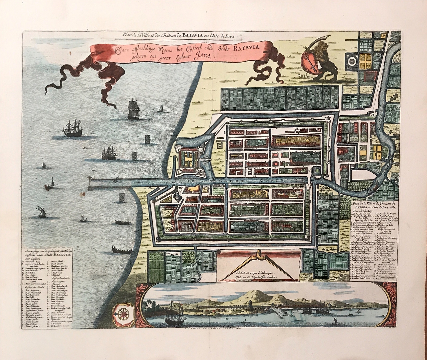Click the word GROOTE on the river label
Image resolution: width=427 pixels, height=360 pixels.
[x=237, y=180]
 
